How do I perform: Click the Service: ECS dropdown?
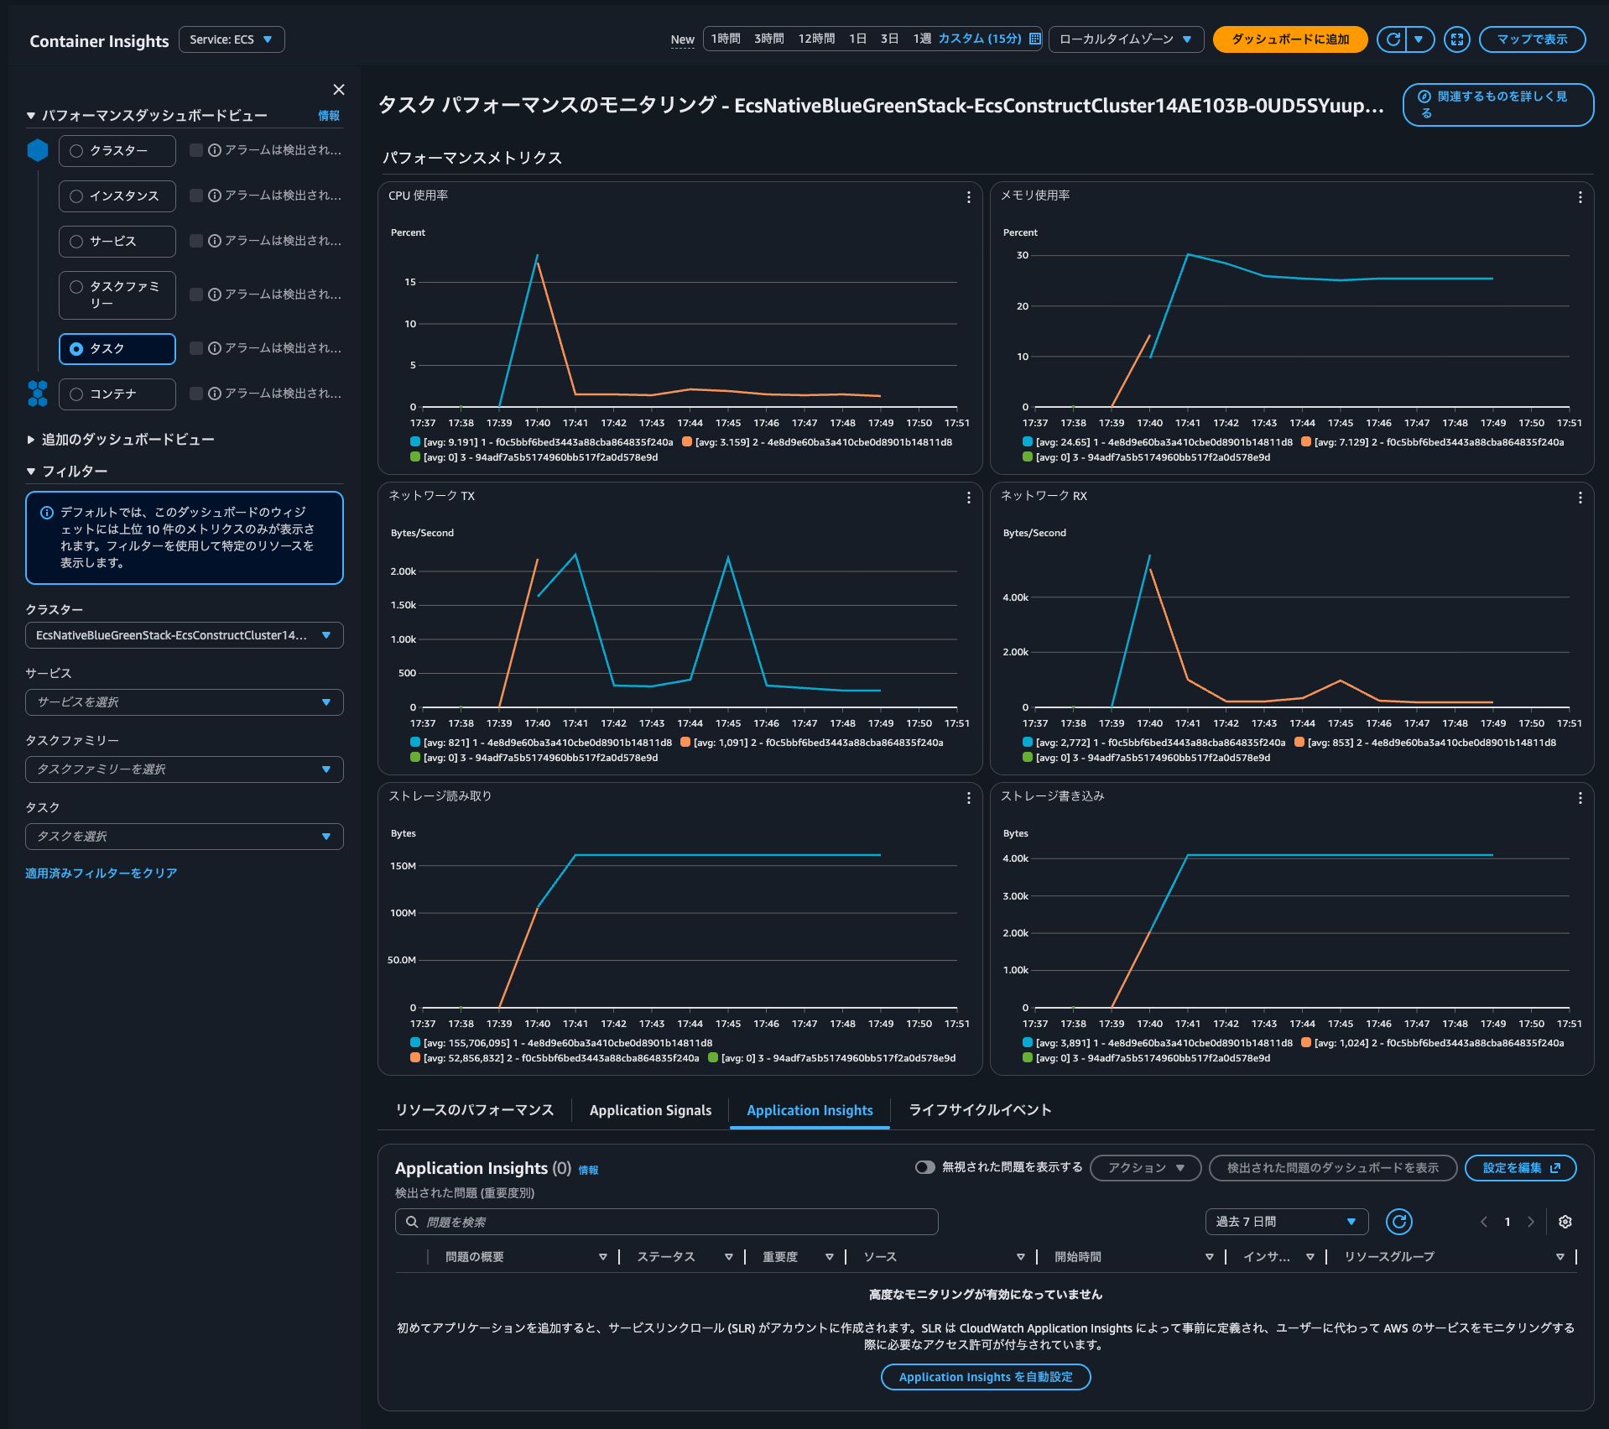[x=231, y=39]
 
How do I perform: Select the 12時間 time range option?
[x=815, y=39]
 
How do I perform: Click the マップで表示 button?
[x=1531, y=39]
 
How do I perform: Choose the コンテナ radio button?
[x=77, y=394]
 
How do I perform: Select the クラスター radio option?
[x=77, y=151]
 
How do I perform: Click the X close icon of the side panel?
[x=339, y=90]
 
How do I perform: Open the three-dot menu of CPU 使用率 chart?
[x=968, y=197]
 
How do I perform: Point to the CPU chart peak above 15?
[x=537, y=255]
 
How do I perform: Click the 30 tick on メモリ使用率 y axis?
[x=1022, y=255]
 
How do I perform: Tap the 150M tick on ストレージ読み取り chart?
[x=403, y=866]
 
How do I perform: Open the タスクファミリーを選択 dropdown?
[x=184, y=769]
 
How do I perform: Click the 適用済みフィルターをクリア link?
[x=101, y=874]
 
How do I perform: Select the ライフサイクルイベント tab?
[x=980, y=1110]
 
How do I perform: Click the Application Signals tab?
[x=650, y=1110]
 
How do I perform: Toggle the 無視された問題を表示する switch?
[x=924, y=1167]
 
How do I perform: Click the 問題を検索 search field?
[x=666, y=1222]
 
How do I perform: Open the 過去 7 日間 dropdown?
[x=1285, y=1222]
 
